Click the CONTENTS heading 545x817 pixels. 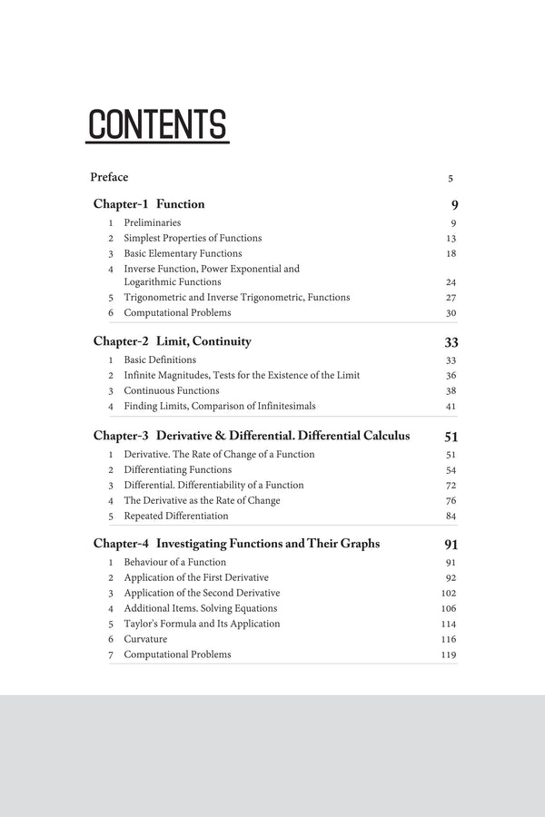tap(157, 124)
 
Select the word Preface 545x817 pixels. tap(109, 177)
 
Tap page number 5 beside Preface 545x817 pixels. tap(451, 179)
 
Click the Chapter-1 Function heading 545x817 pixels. tap(149, 204)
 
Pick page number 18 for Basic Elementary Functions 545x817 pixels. tap(451, 254)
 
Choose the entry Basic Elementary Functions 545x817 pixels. tap(183, 253)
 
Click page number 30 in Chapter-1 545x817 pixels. tap(451, 313)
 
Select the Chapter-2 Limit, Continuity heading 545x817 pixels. tap(172, 342)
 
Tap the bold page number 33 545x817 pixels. tap(451, 343)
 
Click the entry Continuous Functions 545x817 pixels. tap(172, 390)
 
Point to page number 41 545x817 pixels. tap(451, 407)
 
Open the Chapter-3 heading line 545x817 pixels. tap(251, 437)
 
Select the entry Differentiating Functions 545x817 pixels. tap(178, 469)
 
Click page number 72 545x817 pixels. tap(451, 486)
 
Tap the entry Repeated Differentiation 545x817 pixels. tap(176, 516)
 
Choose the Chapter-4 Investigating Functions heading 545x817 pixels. tap(236, 545)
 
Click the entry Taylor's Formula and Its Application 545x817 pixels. tap(202, 624)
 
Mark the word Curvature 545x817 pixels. tap(145, 639)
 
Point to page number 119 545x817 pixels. tap(448, 655)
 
